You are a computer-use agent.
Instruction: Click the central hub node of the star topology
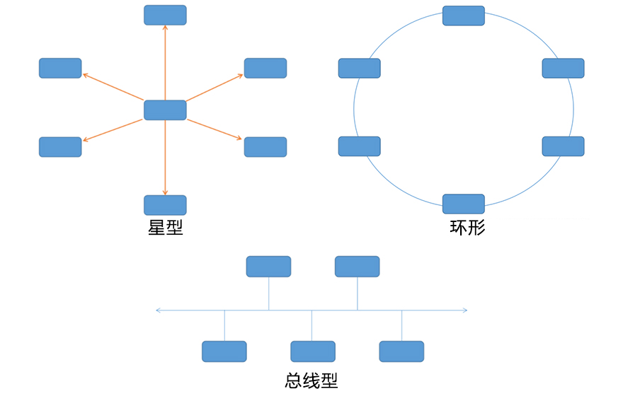pos(165,110)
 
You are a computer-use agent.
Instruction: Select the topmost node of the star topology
pos(165,15)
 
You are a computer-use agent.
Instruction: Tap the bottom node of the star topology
pos(165,205)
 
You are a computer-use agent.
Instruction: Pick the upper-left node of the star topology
pos(60,68)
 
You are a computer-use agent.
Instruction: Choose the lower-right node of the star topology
pos(265,147)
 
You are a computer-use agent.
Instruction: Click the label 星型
pos(166,228)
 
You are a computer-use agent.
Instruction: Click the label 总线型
pos(311,380)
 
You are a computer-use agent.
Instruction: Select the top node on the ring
pos(464,16)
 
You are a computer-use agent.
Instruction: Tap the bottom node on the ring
pos(464,204)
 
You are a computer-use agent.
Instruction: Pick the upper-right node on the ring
pos(564,68)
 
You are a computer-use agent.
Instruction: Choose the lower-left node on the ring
pos(360,146)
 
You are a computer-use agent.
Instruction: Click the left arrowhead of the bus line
pos(158,310)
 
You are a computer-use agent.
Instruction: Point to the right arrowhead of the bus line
pos(465,310)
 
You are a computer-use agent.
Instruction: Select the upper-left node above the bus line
pos(268,267)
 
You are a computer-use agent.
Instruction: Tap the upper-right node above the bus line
pos(357,267)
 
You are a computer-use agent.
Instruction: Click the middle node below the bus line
pos(313,351)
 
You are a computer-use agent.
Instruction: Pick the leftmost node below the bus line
pos(224,351)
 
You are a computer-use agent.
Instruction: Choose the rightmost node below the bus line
pos(401,351)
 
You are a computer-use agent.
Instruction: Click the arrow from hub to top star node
pos(165,64)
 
